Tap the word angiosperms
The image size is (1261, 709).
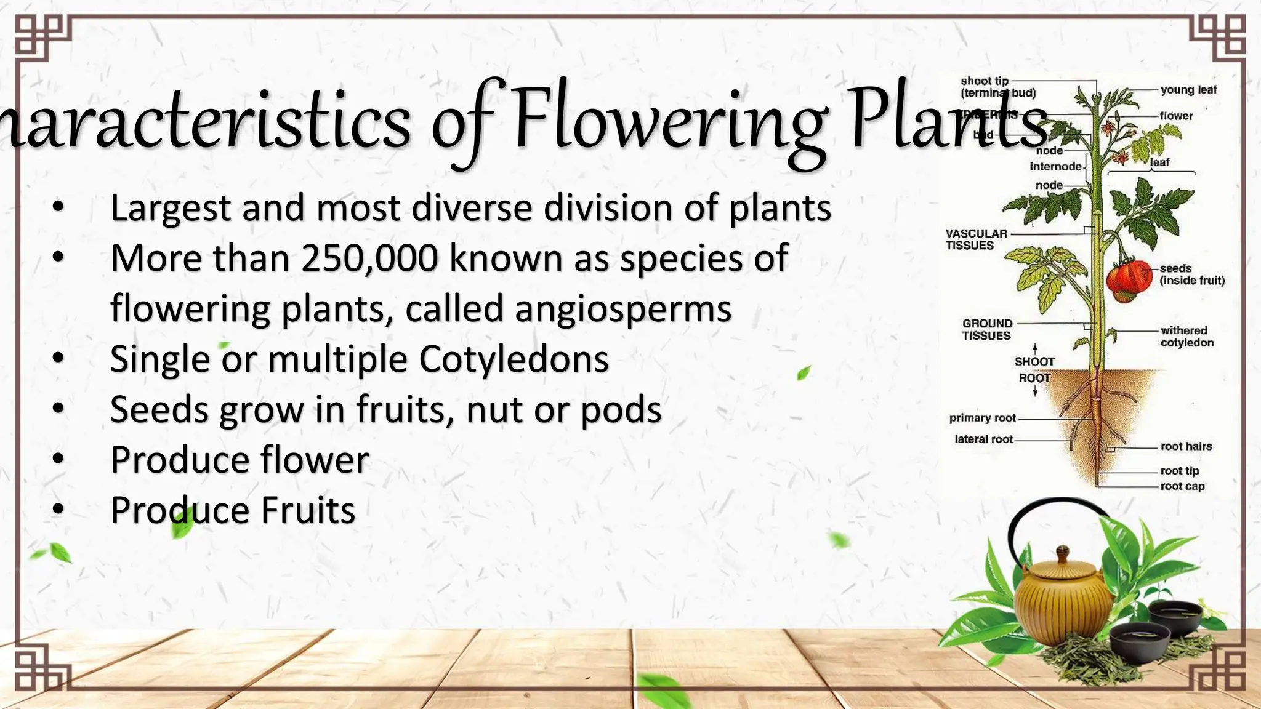pyautogui.click(x=623, y=309)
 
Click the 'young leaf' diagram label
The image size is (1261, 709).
pyautogui.click(x=1188, y=90)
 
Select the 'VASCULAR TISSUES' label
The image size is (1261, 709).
pyautogui.click(x=976, y=239)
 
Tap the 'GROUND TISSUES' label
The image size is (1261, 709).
pyautogui.click(x=987, y=329)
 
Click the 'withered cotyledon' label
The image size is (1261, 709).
pyautogui.click(x=1186, y=337)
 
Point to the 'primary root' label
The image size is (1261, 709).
pyautogui.click(x=982, y=418)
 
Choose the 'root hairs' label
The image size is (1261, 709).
pyautogui.click(x=1186, y=446)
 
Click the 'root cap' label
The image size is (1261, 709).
pyautogui.click(x=1182, y=486)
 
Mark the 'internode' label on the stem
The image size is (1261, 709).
pyautogui.click(x=1055, y=166)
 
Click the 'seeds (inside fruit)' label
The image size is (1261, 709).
pyautogui.click(x=1191, y=274)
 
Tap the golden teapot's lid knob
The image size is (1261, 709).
pyautogui.click(x=1063, y=549)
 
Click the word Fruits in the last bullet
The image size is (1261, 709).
pyautogui.click(x=308, y=511)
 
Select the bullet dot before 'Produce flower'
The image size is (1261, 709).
pyautogui.click(x=58, y=459)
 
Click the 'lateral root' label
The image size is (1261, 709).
pyautogui.click(x=983, y=439)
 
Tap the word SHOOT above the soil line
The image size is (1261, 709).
pyautogui.click(x=1034, y=361)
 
